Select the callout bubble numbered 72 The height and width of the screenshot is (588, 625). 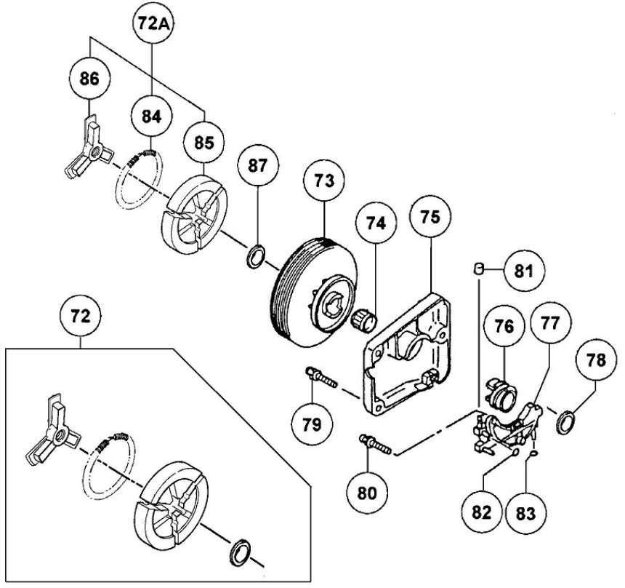80,318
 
